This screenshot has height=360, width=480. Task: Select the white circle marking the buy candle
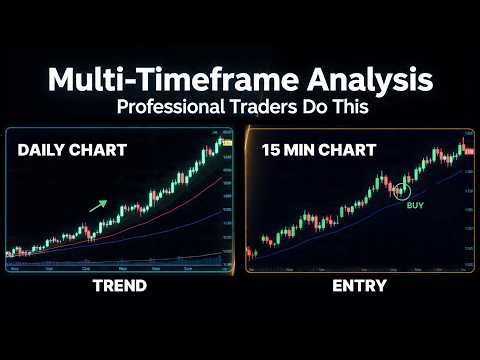coord(406,188)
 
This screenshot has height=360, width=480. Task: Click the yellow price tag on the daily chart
coord(227,145)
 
